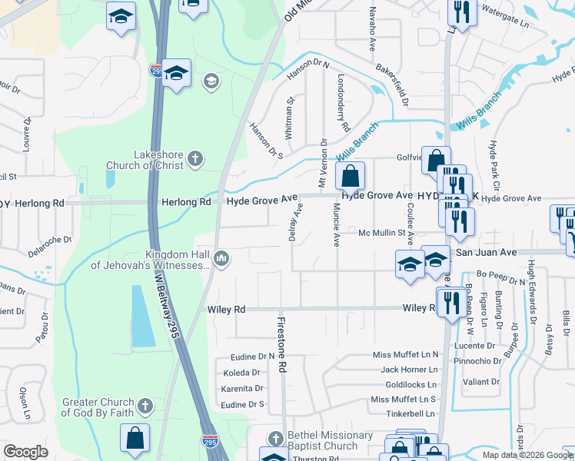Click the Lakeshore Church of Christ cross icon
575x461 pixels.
(x=195, y=159)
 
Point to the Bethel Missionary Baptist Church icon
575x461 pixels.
(x=275, y=439)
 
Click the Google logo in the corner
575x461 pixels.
(x=25, y=452)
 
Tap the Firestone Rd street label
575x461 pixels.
(x=281, y=346)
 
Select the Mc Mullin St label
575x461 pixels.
(x=382, y=233)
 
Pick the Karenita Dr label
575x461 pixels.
(x=242, y=389)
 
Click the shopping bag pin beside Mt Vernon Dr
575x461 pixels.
(x=350, y=176)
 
